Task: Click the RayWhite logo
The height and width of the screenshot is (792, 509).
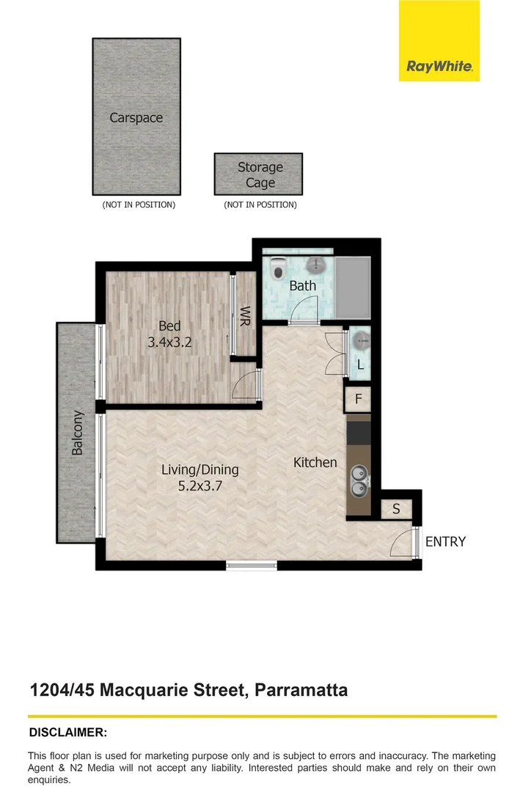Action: [x=439, y=41]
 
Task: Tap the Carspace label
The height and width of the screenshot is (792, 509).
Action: [x=136, y=117]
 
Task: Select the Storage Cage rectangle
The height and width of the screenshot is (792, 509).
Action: [x=259, y=175]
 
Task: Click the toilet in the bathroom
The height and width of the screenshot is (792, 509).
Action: [x=278, y=268]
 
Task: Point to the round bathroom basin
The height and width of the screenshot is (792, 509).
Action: [x=315, y=265]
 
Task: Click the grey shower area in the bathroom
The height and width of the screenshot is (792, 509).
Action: [x=353, y=287]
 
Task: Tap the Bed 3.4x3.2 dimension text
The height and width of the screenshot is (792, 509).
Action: [x=169, y=342]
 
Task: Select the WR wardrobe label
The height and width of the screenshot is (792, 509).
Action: [x=246, y=316]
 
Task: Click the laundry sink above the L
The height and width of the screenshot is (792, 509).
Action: [x=361, y=341]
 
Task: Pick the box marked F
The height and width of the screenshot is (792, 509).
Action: [x=358, y=399]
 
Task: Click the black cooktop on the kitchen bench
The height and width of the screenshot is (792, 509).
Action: [x=359, y=433]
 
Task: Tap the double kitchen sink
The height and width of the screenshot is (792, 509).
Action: [x=360, y=481]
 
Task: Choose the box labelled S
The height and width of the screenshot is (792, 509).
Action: [x=396, y=509]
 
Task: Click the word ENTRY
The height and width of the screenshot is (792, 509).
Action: [x=445, y=541]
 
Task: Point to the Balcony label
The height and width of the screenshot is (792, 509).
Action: [x=77, y=433]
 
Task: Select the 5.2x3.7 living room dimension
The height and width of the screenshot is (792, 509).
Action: [x=200, y=486]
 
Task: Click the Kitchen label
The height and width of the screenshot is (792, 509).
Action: [x=315, y=462]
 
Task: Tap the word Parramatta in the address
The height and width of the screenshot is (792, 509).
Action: [x=301, y=690]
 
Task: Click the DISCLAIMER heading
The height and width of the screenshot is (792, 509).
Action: [x=68, y=733]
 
